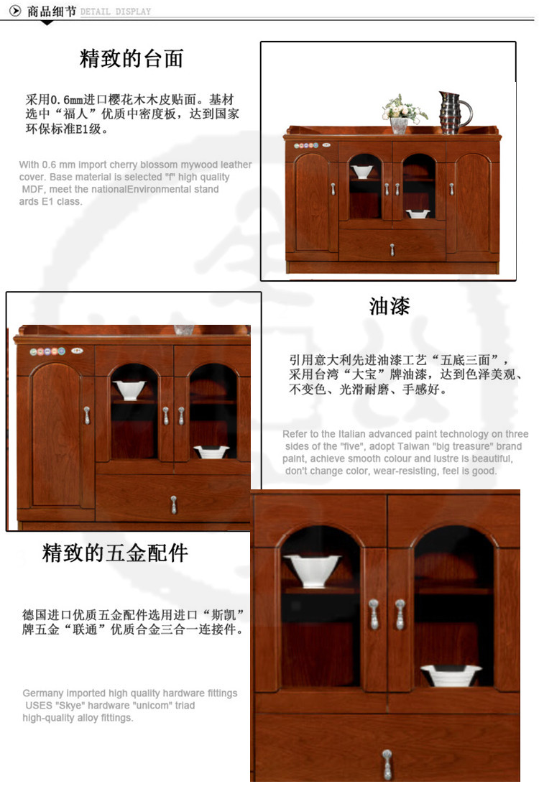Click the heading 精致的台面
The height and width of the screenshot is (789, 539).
pos(132,58)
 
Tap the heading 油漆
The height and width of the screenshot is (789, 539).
pos(390,305)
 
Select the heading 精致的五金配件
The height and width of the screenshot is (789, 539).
pos(115,553)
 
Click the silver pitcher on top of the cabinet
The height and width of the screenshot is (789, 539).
pos(454,113)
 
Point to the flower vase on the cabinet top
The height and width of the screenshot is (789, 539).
pos(401,114)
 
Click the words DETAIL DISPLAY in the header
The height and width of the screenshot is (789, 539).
pos(116,11)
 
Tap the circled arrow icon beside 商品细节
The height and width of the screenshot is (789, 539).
pos(16,11)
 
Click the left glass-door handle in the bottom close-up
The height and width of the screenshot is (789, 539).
pos(374,614)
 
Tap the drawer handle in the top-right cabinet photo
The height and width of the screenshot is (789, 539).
pos(392,249)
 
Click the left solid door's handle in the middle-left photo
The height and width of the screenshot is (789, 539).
pos(86,415)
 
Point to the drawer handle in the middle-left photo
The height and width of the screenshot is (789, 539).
pos(174,504)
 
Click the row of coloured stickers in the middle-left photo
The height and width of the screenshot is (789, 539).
pos(47,351)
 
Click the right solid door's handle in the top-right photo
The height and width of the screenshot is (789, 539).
pos(451,189)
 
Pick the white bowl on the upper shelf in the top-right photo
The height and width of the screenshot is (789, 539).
pos(362,172)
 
